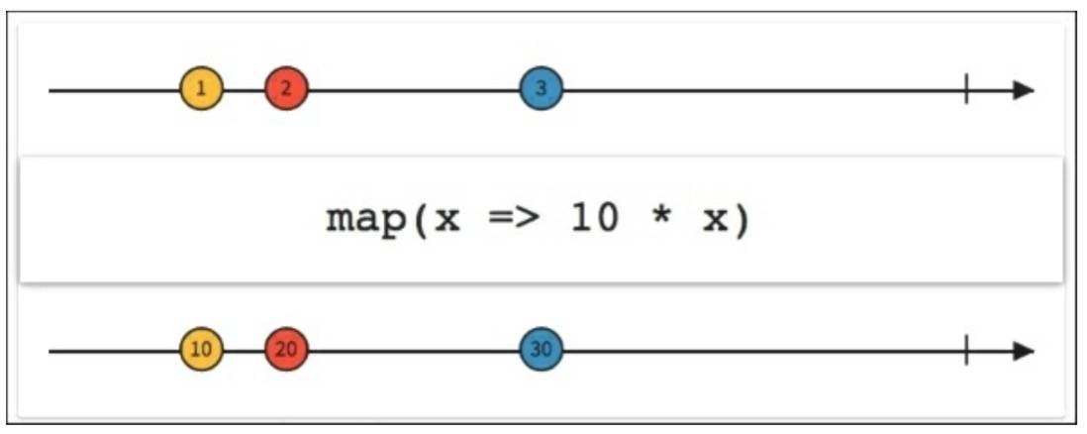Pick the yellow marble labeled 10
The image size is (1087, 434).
(201, 351)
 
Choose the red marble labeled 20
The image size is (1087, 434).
(286, 351)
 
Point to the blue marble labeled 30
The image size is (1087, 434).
(541, 351)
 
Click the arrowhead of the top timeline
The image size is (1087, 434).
(1024, 90)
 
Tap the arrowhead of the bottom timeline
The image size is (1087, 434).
(1024, 351)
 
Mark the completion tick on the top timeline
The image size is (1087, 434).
(966, 90)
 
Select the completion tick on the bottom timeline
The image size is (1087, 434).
(966, 351)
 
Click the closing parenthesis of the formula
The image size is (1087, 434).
(741, 220)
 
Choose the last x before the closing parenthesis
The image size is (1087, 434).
(713, 221)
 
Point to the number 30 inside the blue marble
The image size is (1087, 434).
(541, 351)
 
